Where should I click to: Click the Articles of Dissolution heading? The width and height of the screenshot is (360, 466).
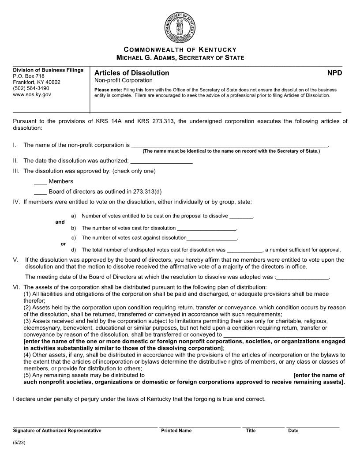(131, 73)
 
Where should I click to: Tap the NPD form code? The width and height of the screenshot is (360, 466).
(334, 73)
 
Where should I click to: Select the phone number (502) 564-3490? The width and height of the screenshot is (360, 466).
(31, 88)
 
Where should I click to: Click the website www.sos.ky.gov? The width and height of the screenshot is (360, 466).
(32, 94)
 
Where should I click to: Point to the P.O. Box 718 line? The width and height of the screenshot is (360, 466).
(29, 76)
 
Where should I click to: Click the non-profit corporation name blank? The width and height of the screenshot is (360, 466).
(229, 145)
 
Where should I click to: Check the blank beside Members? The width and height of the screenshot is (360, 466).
(41, 181)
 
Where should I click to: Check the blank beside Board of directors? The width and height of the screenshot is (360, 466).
(41, 192)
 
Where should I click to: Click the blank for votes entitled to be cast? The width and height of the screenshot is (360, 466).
(241, 216)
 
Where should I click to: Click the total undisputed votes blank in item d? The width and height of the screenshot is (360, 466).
(244, 250)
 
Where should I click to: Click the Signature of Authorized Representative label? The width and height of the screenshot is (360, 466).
(57, 431)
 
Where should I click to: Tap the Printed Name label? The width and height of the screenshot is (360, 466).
(176, 431)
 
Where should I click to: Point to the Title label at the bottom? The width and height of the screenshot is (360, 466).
(251, 431)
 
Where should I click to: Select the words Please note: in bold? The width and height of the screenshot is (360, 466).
(105, 90)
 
